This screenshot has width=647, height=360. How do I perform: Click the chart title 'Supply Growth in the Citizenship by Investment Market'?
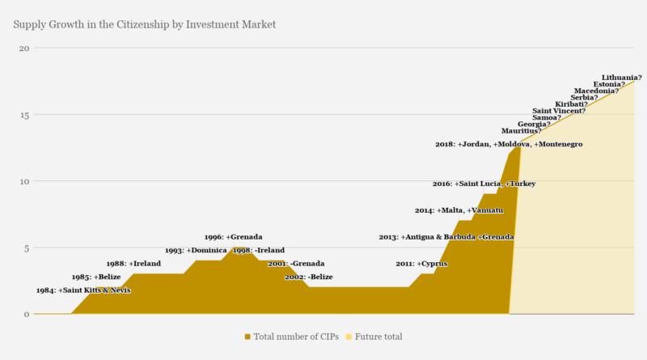click(x=145, y=24)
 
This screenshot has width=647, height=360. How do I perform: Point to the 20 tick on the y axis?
click(x=24, y=48)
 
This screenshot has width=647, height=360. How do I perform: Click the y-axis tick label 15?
click(x=24, y=114)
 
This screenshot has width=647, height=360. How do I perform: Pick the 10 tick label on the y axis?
click(x=24, y=181)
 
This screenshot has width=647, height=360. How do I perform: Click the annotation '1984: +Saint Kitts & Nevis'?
click(x=83, y=290)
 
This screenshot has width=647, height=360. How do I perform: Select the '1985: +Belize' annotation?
click(x=95, y=277)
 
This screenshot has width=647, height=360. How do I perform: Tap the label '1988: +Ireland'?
click(x=133, y=264)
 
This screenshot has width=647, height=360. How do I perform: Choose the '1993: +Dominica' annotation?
click(x=196, y=251)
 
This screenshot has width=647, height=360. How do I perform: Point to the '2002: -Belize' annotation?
click(x=309, y=277)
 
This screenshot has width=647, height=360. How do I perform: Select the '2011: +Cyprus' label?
click(x=421, y=264)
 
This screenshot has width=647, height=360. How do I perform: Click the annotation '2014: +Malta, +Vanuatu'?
click(x=459, y=210)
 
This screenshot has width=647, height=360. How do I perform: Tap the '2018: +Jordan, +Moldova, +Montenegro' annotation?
click(x=509, y=144)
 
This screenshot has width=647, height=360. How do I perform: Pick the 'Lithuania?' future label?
click(x=622, y=78)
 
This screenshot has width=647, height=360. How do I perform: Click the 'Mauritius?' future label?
click(x=522, y=130)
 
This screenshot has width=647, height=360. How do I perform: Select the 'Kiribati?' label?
click(x=571, y=104)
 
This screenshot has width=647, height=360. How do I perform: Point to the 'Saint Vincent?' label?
click(x=559, y=111)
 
